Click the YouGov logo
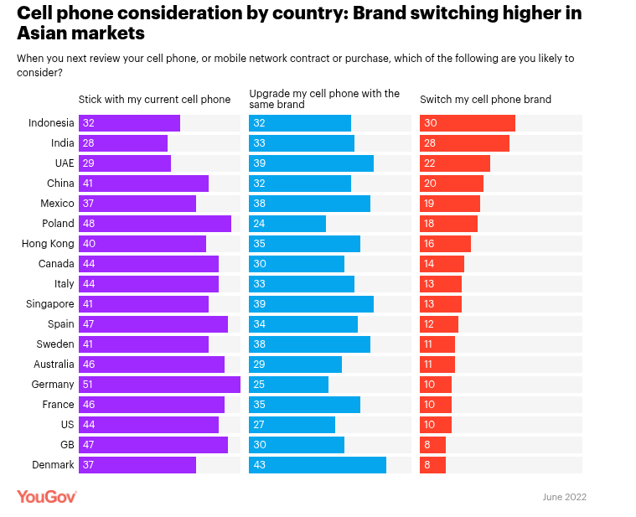point(47,497)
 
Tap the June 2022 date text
point(564,497)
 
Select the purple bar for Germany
point(159,385)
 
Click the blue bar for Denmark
point(318,465)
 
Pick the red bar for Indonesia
point(468,123)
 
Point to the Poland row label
point(58,224)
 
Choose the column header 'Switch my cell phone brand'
point(485,100)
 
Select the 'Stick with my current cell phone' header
point(154,100)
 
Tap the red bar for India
point(464,143)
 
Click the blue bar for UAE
point(311,163)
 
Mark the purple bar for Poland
point(155,224)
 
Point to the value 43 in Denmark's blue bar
point(259,465)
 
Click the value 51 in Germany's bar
point(88,385)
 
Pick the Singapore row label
point(50,304)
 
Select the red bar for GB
point(432,445)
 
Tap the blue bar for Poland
point(287,224)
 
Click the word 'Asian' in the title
point(45,34)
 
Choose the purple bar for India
point(123,143)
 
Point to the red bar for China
point(452,184)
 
